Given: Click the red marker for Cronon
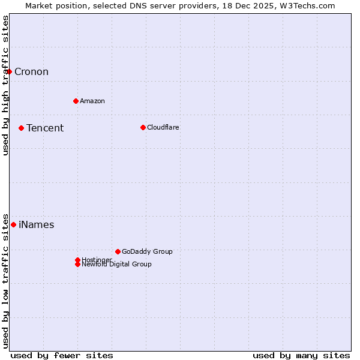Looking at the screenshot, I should pyautogui.click(x=9, y=72).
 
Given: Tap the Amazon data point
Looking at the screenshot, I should pyautogui.click(x=76, y=101).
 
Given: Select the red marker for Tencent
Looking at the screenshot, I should pyautogui.click(x=21, y=128).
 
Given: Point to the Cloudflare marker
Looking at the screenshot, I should pyautogui.click(x=143, y=127).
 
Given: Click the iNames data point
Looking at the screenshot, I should pyautogui.click(x=13, y=224).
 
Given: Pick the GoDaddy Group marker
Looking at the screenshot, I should pyautogui.click(x=118, y=251).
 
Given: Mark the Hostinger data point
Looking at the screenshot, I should pyautogui.click(x=77, y=260).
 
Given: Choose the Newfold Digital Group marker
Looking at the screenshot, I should pyautogui.click(x=77, y=265).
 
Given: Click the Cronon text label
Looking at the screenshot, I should pyautogui.click(x=31, y=72).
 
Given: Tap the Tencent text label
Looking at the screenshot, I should pyautogui.click(x=45, y=128).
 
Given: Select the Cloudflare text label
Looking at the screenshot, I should pyautogui.click(x=163, y=127).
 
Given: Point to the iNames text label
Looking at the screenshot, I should pyautogui.click(x=37, y=225).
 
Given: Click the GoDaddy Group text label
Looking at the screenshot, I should pyautogui.click(x=147, y=251).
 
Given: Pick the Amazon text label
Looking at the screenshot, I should pyautogui.click(x=92, y=101).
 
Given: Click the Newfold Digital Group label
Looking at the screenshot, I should pyautogui.click(x=117, y=265).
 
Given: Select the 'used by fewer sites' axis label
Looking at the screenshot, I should pyautogui.click(x=62, y=355).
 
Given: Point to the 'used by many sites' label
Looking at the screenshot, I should pyautogui.click(x=301, y=355).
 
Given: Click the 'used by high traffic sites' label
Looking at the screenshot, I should pyautogui.click(x=5, y=86).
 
